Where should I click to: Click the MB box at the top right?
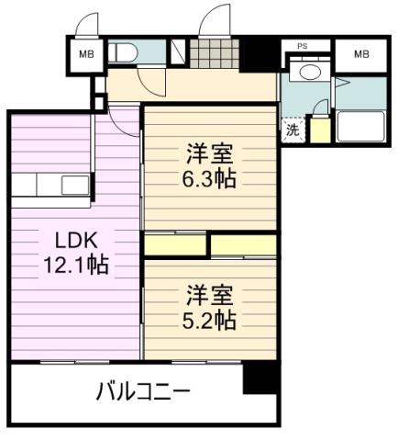point(360,54)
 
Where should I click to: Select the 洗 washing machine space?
point(292,130)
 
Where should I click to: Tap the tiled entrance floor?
point(215,54)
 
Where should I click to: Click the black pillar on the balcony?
point(259,377)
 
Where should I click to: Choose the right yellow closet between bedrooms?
point(244,245)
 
